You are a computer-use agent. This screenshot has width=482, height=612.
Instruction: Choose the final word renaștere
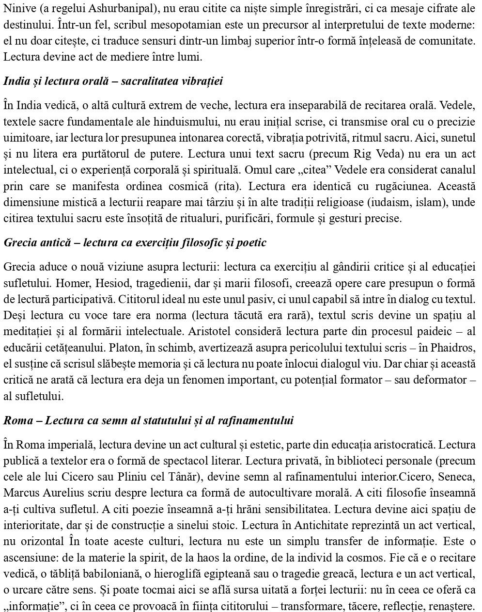tap(453, 606)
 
